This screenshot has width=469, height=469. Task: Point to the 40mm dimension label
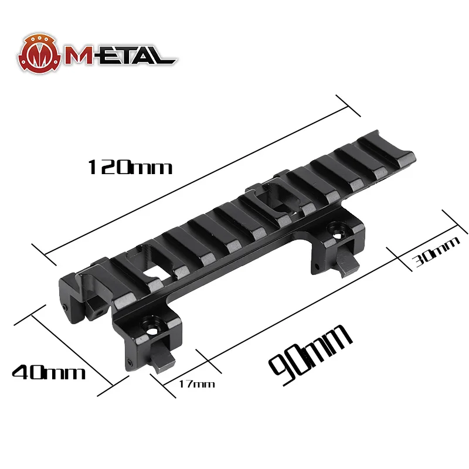49,372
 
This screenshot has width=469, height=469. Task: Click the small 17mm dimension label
196,385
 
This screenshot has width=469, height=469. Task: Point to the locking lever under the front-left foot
161,358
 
